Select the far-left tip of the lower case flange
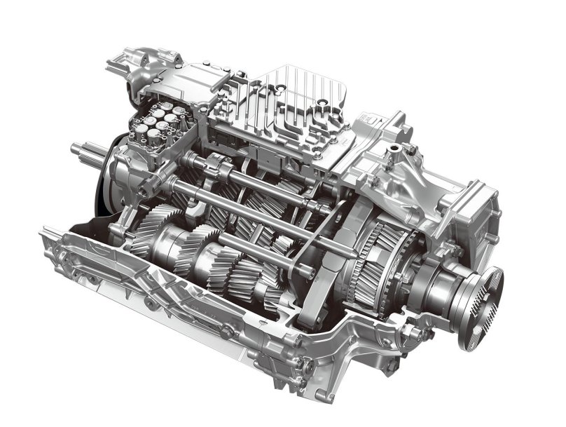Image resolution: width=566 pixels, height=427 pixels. click(46, 232)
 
